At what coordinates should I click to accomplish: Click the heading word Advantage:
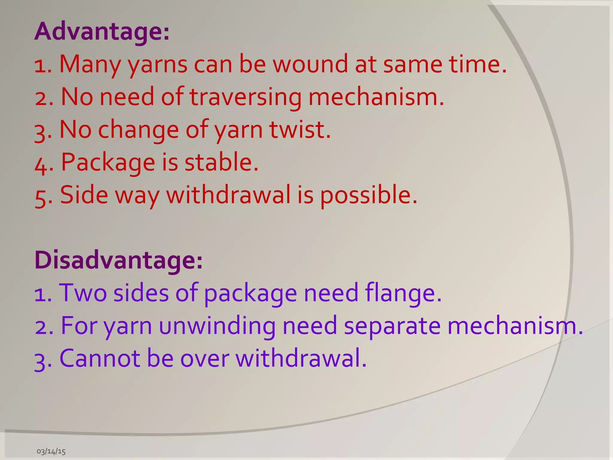click(102, 31)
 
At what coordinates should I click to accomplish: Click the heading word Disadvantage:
click(119, 260)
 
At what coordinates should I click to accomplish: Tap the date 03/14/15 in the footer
click(51, 451)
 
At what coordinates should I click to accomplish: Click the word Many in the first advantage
click(90, 65)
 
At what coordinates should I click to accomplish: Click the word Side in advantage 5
click(84, 195)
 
